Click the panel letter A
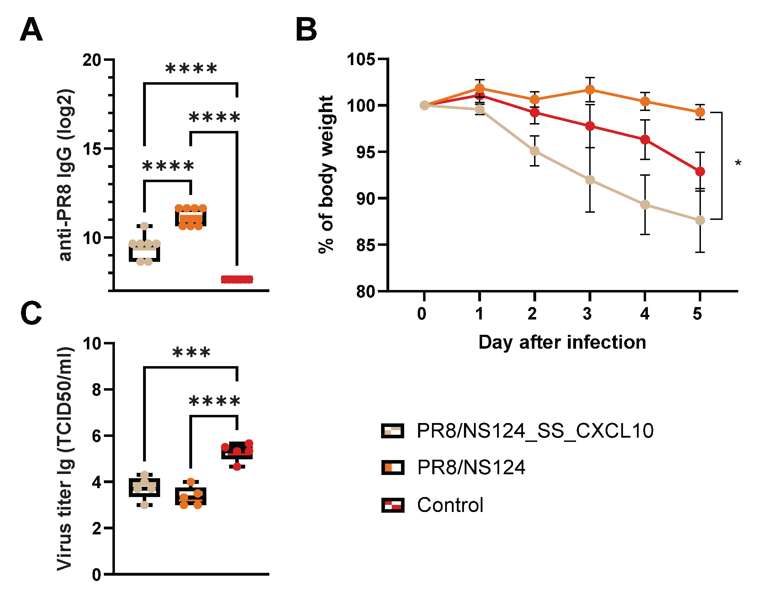pyautogui.click(x=31, y=30)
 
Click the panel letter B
pyautogui.click(x=306, y=30)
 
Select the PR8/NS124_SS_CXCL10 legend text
pyautogui.click(x=535, y=431)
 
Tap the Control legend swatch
pyautogui.click(x=392, y=505)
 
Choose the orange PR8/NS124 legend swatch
pyautogui.click(x=392, y=467)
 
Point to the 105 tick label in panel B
pyautogui.click(x=361, y=59)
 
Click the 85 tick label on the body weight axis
pyautogui.click(x=366, y=245)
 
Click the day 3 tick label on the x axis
pyautogui.click(x=587, y=314)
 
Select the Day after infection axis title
pyautogui.click(x=562, y=342)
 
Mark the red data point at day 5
pyautogui.click(x=700, y=171)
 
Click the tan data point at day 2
pyautogui.click(x=534, y=151)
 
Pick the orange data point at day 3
pyautogui.click(x=590, y=89)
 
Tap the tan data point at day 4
pyautogui.click(x=645, y=205)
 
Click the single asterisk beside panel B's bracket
pyautogui.click(x=738, y=164)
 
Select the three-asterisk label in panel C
pyautogui.click(x=191, y=353)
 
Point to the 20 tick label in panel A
pyautogui.click(x=92, y=60)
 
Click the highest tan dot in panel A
pyautogui.click(x=144, y=226)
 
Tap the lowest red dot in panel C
pyautogui.click(x=237, y=466)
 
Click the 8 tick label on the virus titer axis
pyautogui.click(x=96, y=390)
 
